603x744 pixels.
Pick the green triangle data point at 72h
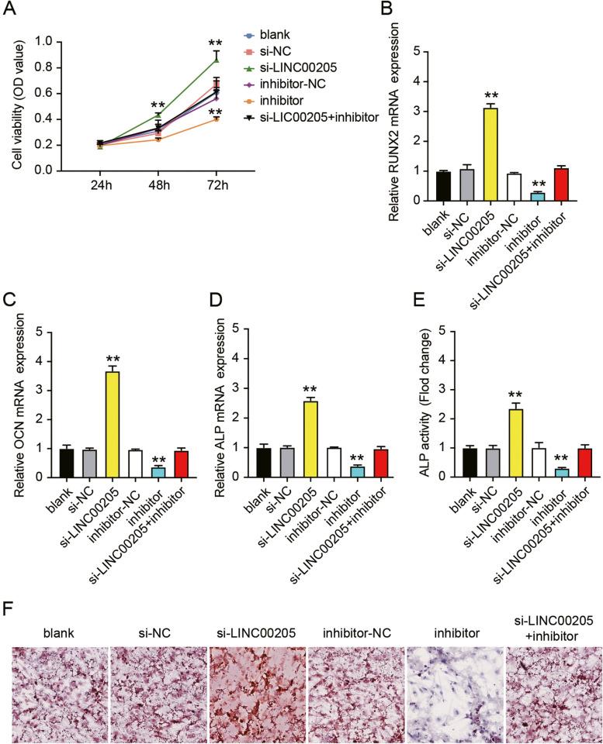pyautogui.click(x=217, y=59)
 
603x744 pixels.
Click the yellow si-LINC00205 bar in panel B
pyautogui.click(x=489, y=154)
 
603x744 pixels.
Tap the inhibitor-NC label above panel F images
pyautogui.click(x=355, y=632)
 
